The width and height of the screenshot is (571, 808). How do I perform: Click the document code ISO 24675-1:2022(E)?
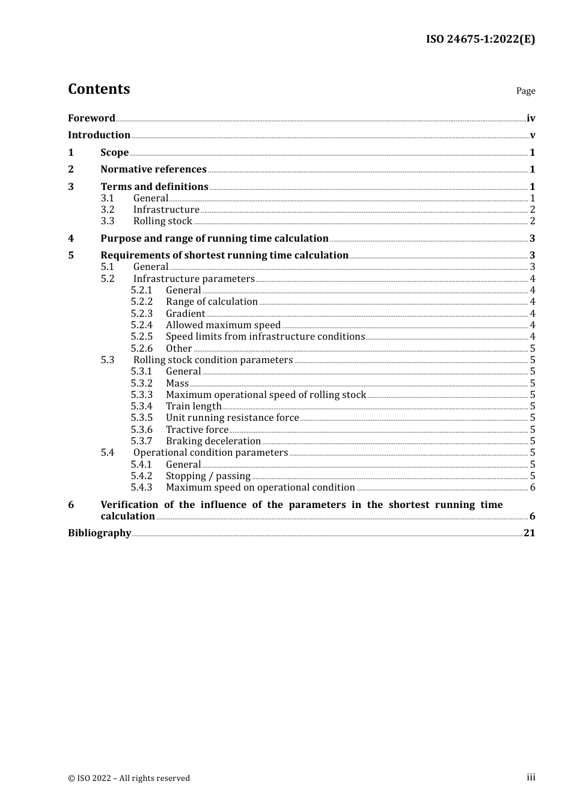480,39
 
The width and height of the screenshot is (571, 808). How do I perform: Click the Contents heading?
99,89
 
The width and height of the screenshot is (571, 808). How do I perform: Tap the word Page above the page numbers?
525,91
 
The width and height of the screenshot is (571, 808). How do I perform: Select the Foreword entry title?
91,118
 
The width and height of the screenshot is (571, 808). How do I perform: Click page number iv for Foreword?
531,118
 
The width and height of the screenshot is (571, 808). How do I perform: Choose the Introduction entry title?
99,135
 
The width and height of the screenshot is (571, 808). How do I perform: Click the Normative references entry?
153,170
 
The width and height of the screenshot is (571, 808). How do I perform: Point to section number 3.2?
108,210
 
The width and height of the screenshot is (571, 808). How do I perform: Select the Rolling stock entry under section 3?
162,221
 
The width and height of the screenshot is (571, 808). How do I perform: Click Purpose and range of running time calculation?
214,239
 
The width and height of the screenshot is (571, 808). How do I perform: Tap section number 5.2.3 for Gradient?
142,314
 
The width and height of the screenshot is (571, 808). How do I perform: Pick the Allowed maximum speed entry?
223,325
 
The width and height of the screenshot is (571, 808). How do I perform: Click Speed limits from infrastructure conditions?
265,337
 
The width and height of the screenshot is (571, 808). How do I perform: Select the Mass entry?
177,384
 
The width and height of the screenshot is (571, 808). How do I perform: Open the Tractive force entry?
197,430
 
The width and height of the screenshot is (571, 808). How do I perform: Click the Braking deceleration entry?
213,441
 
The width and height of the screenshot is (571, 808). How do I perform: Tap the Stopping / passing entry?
208,476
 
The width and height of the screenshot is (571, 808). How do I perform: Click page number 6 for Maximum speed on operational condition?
533,488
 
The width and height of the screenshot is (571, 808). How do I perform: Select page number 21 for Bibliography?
529,533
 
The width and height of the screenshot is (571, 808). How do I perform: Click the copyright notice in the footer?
129,778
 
